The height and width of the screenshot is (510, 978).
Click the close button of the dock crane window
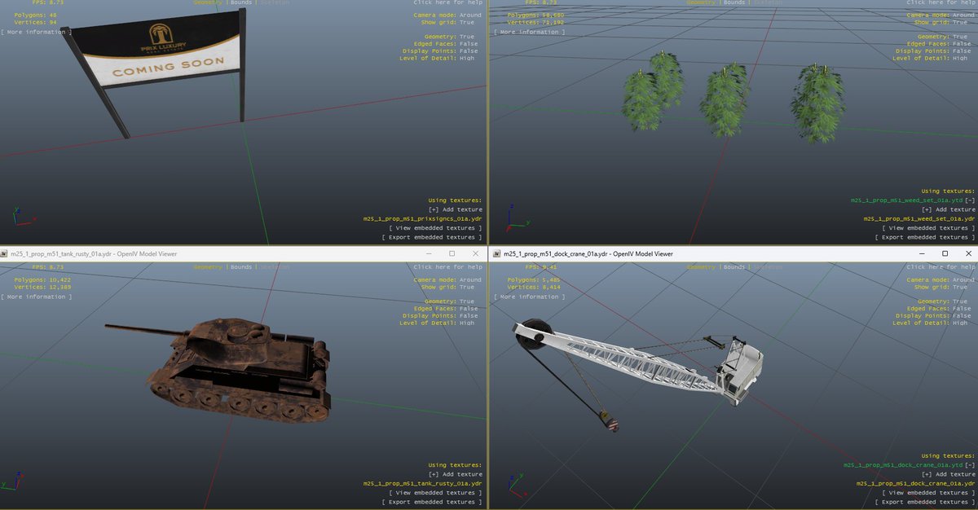point(966,253)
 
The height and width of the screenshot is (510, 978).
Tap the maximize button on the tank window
point(452,253)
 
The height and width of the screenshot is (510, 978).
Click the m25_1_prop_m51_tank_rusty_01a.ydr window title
point(93,253)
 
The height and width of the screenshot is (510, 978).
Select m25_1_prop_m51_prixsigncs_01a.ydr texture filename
point(422,218)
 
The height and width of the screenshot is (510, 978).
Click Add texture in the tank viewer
point(455,474)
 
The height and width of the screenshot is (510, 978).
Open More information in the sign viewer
point(36,32)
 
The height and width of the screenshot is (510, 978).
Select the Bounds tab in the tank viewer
point(241,267)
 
